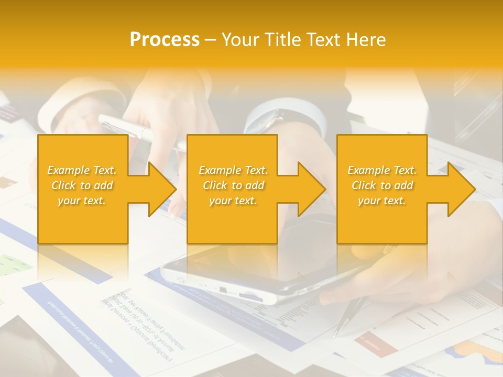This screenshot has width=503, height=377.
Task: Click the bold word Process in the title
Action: pyautogui.click(x=165, y=40)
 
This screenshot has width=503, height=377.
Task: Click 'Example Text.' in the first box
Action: pyautogui.click(x=82, y=170)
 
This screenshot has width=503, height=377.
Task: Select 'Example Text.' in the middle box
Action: pyautogui.click(x=233, y=170)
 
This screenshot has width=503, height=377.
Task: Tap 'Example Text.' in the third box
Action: pyautogui.click(x=382, y=170)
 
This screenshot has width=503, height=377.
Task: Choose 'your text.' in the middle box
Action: pyautogui.click(x=233, y=201)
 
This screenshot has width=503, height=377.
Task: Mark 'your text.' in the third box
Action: pyautogui.click(x=382, y=201)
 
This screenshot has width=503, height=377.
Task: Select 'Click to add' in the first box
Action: pyautogui.click(x=82, y=185)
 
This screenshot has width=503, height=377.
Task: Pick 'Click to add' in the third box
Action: pyautogui.click(x=382, y=185)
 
